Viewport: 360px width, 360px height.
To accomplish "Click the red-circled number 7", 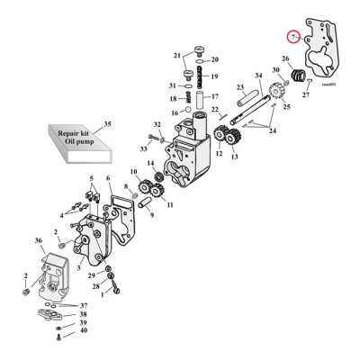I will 292,37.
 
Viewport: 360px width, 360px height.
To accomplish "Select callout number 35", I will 108,123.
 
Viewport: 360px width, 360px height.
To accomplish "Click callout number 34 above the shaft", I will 258,75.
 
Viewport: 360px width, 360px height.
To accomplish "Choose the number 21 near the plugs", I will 177,56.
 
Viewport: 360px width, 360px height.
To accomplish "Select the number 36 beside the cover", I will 38,240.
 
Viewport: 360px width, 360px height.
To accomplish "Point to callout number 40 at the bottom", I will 83,331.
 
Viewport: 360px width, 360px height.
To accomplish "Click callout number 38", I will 83,314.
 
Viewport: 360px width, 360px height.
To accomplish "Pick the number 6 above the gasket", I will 108,179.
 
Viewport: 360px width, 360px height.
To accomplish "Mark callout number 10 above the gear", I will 133,171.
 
